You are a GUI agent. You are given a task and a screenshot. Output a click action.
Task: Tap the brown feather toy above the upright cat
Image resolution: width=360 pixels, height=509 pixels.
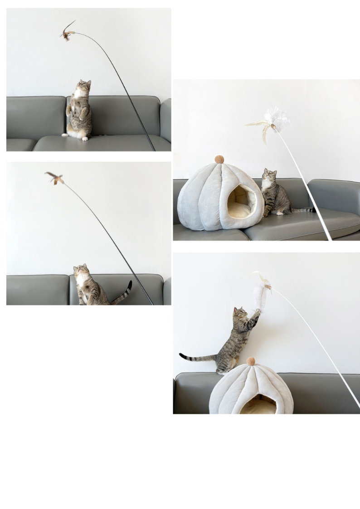click(68, 33)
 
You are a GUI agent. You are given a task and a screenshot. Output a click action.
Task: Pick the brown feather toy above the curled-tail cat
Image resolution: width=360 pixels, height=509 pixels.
click(54, 177)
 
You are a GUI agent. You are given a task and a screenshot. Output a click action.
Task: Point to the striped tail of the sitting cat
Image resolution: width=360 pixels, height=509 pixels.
click(304, 209)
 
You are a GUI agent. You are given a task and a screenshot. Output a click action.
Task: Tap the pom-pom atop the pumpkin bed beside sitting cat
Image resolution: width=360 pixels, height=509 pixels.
click(219, 160)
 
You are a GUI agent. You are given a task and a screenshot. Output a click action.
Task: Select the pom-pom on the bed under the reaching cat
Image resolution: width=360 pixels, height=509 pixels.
click(251, 361)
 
